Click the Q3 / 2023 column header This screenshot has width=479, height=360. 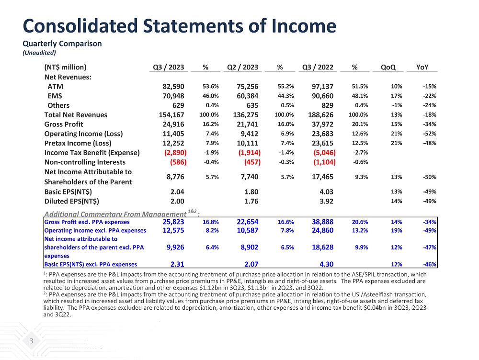[168, 67]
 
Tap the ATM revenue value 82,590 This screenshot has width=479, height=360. [171, 87]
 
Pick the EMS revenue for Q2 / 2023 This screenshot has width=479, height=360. [245, 96]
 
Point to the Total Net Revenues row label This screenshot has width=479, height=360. [76, 115]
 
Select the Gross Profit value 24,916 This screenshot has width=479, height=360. [171, 124]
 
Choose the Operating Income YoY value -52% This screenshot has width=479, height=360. [430, 134]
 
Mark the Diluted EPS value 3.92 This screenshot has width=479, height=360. [326, 201]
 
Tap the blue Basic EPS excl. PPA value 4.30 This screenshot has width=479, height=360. [326, 264]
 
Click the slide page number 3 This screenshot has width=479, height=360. [31, 341]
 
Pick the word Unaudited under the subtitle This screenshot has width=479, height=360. [40, 53]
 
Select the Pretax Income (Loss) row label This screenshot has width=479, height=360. [78, 143]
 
